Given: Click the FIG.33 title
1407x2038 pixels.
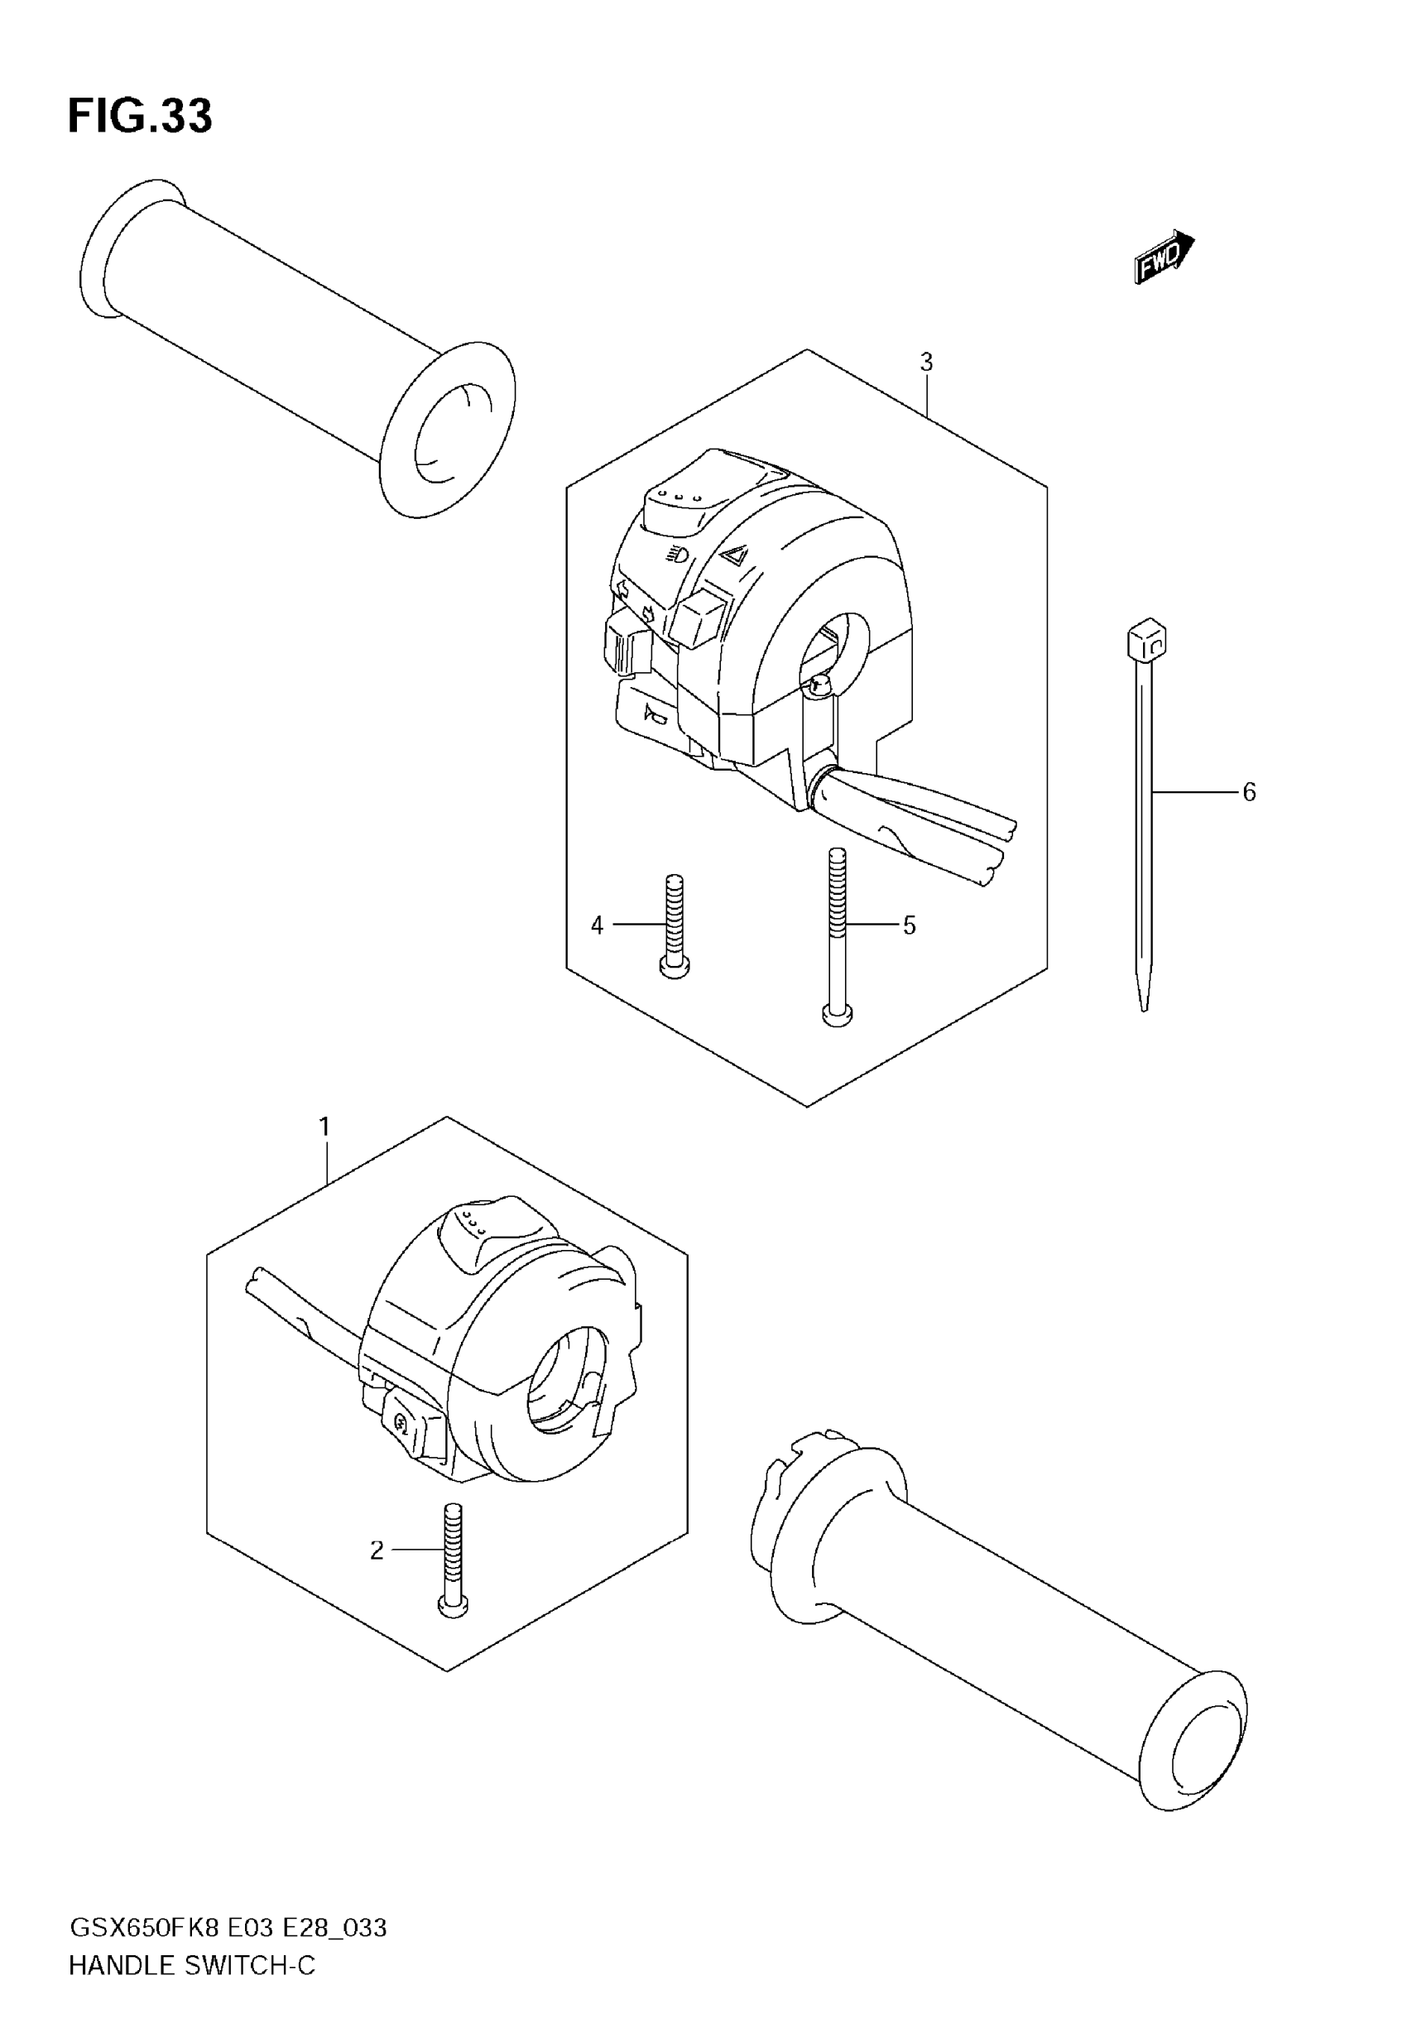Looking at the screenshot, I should [x=140, y=117].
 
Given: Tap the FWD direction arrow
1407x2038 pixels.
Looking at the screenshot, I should [x=1163, y=257].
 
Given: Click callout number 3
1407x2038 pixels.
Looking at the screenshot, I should [x=925, y=362].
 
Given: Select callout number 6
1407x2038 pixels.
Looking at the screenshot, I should [x=1248, y=792].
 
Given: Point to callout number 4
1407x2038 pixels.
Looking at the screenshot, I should [x=597, y=925].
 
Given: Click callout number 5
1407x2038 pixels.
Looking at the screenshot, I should [x=909, y=925].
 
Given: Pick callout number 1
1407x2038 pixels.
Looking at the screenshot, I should [x=324, y=1127].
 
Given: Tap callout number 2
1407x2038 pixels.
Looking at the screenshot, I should [x=377, y=1550].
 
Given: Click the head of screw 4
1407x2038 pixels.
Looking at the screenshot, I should [x=675, y=968].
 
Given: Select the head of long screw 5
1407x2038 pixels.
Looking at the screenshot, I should [x=837, y=1015].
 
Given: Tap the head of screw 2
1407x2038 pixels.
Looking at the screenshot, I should [x=453, y=1607].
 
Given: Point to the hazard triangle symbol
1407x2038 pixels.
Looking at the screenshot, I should [x=732, y=555].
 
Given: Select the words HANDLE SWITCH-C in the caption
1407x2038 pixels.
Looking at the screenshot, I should [x=191, y=1966].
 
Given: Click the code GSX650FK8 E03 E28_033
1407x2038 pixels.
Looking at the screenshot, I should [x=228, y=1928].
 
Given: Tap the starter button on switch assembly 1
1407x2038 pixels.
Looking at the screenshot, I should [x=404, y=1421].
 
